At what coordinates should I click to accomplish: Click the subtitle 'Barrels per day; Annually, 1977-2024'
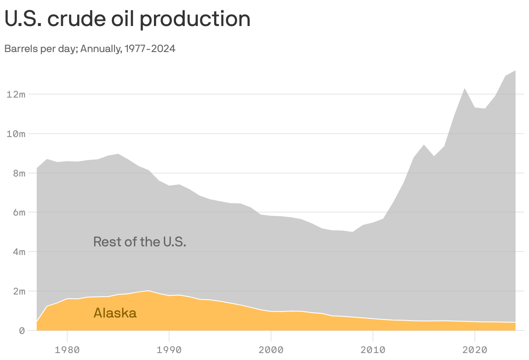coord(90,49)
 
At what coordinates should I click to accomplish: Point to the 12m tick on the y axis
coord(16,94)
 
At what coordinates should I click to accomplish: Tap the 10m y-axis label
coord(16,134)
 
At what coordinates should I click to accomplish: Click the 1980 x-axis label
coord(67,349)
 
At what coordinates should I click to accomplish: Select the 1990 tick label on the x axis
coord(169,349)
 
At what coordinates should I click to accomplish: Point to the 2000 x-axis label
coord(271,349)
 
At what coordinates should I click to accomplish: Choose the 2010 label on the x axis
coord(373,349)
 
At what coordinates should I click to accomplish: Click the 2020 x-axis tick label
coord(475,349)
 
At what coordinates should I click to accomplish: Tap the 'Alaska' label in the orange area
coord(115,313)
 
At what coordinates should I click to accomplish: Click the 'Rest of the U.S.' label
coord(140,242)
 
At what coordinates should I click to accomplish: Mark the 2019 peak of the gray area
coord(465,88)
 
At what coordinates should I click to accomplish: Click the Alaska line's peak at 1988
coord(149,291)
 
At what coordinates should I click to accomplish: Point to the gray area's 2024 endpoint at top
coord(516,70)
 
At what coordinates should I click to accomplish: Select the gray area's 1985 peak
coord(118,154)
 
